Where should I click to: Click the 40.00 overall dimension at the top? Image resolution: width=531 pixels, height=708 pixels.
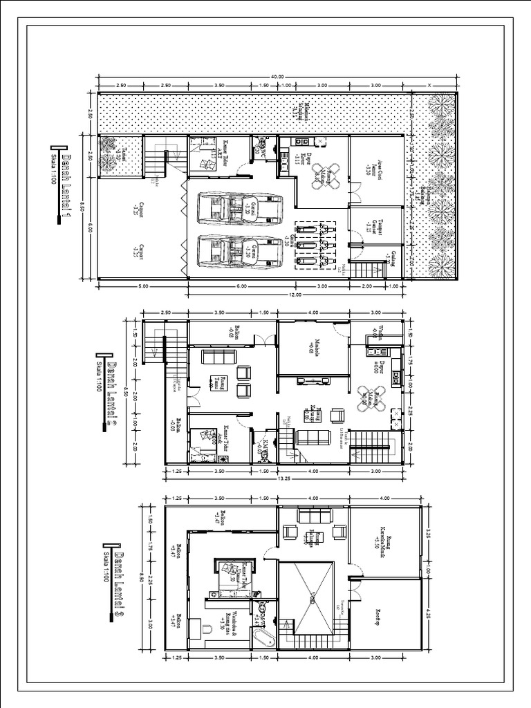(x=278, y=77)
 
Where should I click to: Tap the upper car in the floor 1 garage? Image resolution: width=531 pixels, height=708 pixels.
(x=240, y=208)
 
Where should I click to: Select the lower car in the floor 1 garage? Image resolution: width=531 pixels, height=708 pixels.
(x=240, y=250)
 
